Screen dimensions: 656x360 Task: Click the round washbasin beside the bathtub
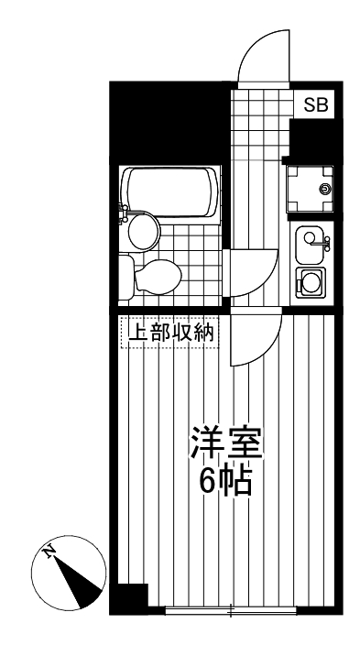(x=141, y=231)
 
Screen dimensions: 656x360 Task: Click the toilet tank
(x=126, y=275)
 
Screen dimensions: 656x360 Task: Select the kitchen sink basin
(x=310, y=242)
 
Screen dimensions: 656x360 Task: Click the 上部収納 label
(x=169, y=333)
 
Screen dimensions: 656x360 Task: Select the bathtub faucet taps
(x=124, y=215)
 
